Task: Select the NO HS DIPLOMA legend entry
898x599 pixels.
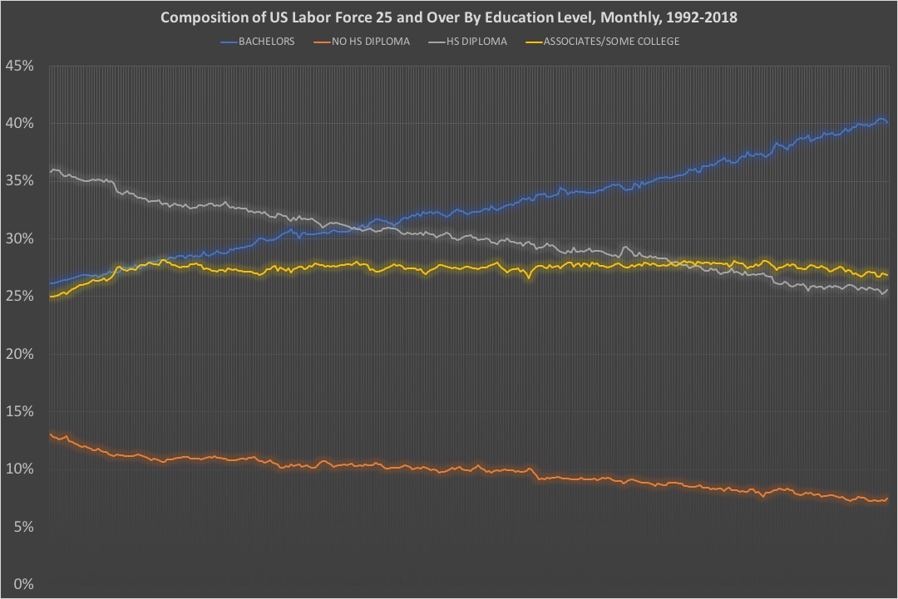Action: pyautogui.click(x=374, y=42)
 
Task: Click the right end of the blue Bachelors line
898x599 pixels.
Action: pyautogui.click(x=887, y=123)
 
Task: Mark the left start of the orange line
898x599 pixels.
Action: pyautogui.click(x=50, y=434)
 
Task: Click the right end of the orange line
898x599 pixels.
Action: pyautogui.click(x=887, y=498)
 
